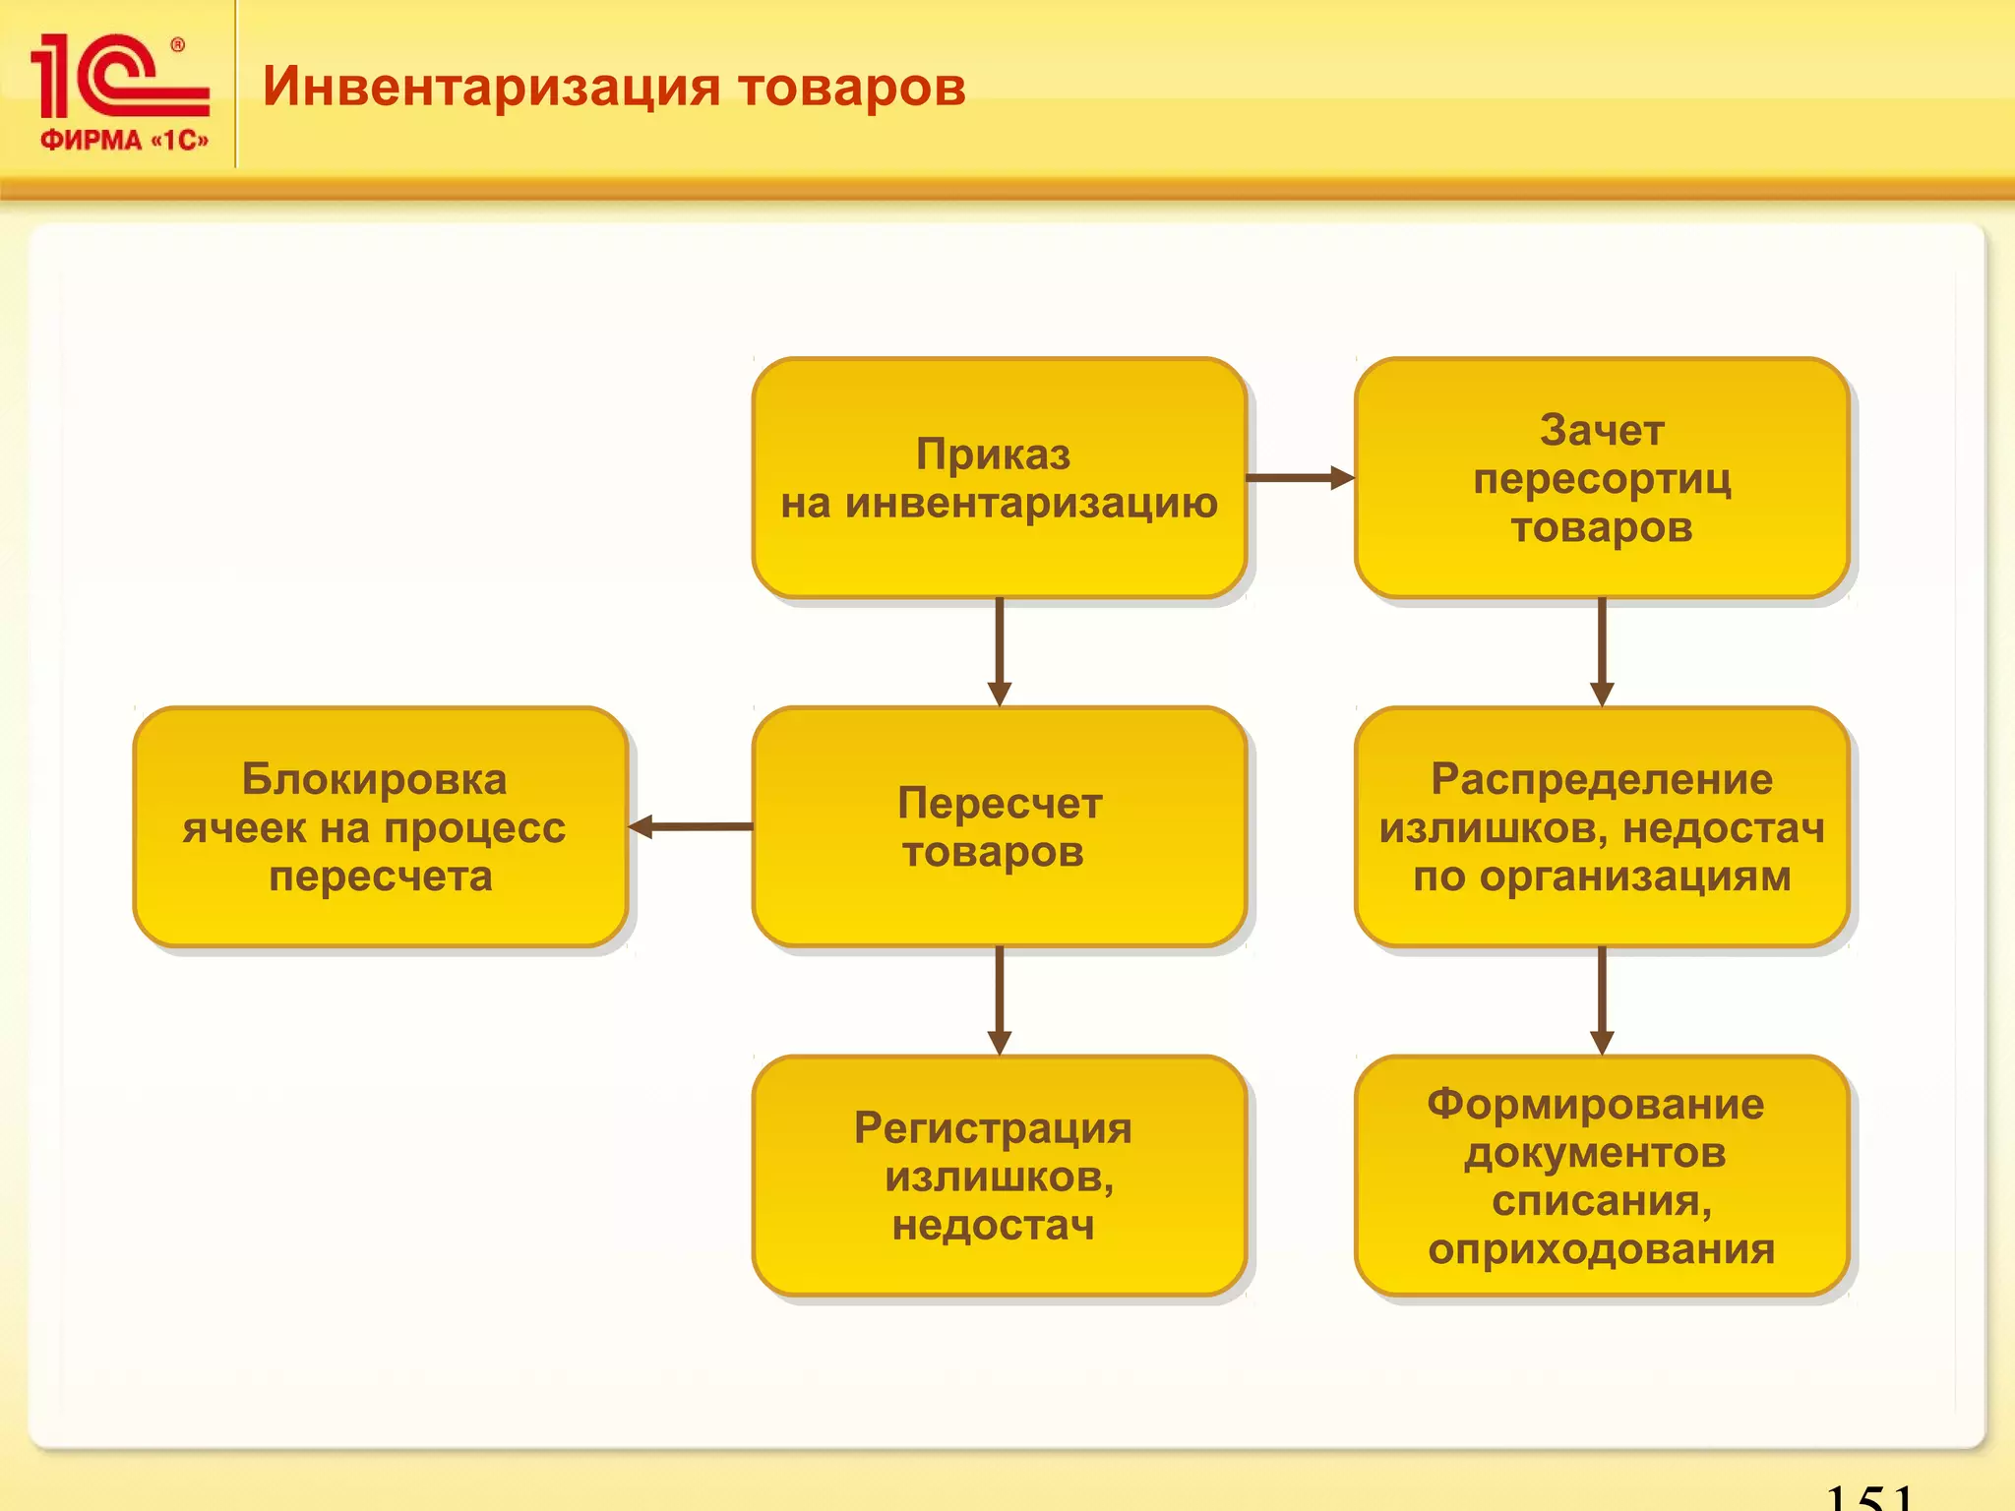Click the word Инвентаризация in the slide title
(x=491, y=87)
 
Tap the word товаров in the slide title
(x=851, y=87)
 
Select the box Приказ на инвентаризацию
(x=999, y=478)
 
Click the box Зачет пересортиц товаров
(x=1601, y=478)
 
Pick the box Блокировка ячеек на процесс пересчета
(x=380, y=826)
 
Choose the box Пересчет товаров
(x=999, y=826)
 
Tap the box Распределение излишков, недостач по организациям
(x=1601, y=826)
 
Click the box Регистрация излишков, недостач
(x=999, y=1176)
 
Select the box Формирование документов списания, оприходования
(x=1601, y=1176)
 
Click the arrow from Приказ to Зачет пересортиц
(x=1300, y=478)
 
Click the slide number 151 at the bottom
(x=1868, y=1496)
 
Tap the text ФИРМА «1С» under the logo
(x=124, y=140)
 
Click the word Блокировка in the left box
(x=375, y=779)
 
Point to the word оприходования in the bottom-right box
(x=1601, y=1249)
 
